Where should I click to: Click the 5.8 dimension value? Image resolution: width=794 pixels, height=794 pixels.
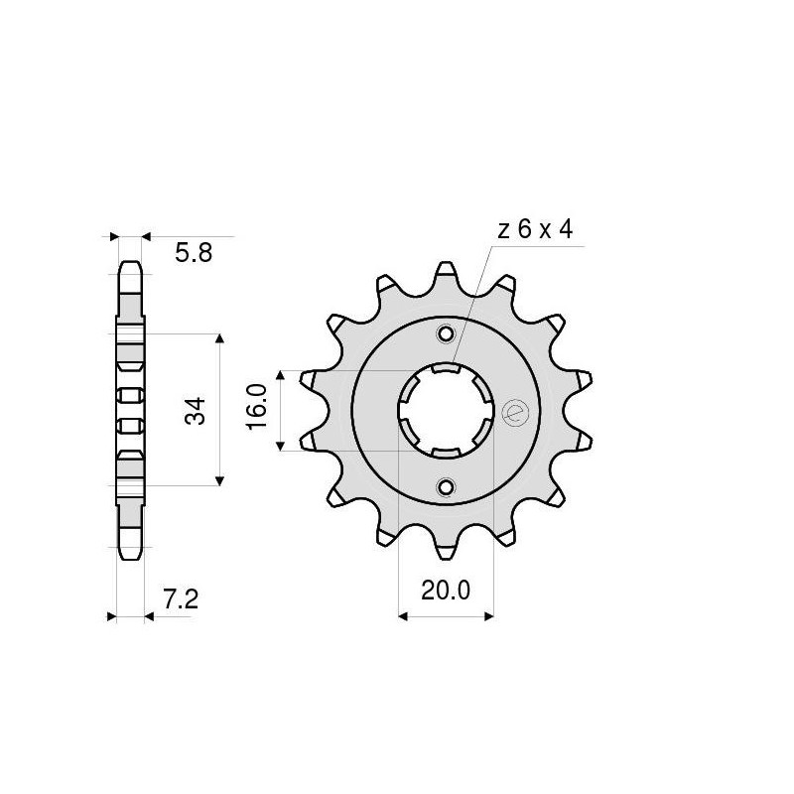[x=193, y=254]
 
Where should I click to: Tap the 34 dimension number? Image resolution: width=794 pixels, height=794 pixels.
[x=195, y=409]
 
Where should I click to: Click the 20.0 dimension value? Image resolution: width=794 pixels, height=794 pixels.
[x=445, y=592]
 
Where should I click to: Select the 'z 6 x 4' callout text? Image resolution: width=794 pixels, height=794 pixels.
[x=534, y=230]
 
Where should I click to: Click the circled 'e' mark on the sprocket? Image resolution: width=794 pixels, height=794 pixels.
[x=514, y=412]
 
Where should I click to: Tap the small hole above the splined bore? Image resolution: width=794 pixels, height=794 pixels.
[x=446, y=333]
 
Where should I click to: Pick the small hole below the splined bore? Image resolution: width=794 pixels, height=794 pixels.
[x=446, y=486]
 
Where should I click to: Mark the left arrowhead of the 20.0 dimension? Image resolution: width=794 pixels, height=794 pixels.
[x=404, y=616]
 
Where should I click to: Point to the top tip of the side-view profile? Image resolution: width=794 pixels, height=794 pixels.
[x=130, y=264]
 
